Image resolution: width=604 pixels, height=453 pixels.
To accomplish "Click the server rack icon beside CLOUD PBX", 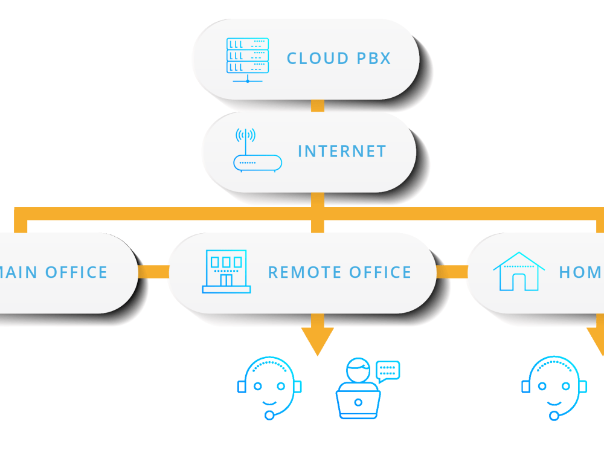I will tap(248, 59).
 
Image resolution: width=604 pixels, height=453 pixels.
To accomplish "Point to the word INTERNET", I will tap(342, 151).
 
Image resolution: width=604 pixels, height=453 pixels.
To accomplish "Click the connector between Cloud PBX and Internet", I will tap(317, 106).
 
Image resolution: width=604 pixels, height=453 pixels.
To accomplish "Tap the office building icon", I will tap(226, 272).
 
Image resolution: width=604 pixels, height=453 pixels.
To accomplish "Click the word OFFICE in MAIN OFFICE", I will tap(76, 272).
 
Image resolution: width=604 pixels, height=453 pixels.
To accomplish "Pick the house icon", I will tap(519, 272).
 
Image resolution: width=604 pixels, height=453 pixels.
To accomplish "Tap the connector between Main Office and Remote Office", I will tap(153, 272).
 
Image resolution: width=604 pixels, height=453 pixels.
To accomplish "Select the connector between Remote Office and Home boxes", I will tap(452, 272).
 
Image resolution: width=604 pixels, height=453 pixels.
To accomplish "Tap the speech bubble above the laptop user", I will tap(388, 370).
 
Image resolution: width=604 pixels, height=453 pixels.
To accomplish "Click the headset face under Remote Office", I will tap(269, 387).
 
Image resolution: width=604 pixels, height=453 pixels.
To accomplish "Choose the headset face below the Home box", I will tap(554, 387).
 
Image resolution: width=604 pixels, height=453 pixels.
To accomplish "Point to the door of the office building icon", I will tap(226, 280).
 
